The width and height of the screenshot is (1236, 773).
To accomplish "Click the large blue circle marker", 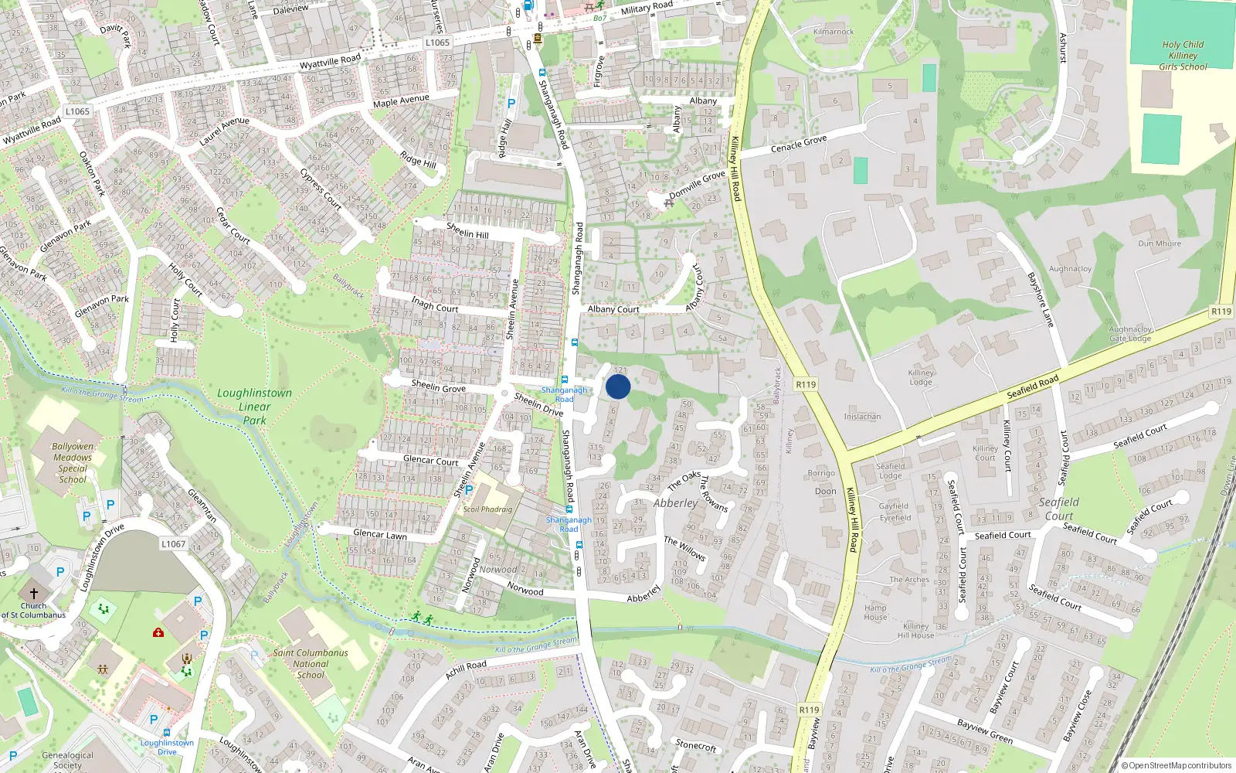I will point(618,386).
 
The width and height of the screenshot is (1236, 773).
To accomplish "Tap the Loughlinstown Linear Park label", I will point(255,407).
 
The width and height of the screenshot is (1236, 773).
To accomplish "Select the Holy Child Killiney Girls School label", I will point(1182,56).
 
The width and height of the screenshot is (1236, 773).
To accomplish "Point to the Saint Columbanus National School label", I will point(311,663).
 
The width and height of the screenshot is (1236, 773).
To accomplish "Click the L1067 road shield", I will point(173,544).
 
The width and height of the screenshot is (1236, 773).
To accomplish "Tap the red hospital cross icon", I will point(158,632).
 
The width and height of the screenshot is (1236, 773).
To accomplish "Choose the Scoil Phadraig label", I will point(487,509).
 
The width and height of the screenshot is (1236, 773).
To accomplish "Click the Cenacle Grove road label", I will point(799,144).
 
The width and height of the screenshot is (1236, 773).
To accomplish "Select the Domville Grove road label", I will point(697,184).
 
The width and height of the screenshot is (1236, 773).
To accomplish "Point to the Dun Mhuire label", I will point(1159,243).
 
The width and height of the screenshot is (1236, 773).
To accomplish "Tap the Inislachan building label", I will point(862,417).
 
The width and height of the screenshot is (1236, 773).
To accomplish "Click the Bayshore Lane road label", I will point(1041,299).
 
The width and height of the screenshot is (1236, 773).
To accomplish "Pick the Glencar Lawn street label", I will point(380,534).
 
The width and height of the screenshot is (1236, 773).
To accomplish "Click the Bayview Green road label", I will point(985,731).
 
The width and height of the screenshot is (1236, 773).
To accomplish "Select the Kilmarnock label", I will point(834,32).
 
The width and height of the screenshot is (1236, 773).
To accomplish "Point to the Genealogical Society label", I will point(67,761).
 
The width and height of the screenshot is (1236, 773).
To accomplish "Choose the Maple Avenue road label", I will point(401,100).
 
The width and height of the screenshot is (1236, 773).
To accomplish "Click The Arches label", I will point(909,579).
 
